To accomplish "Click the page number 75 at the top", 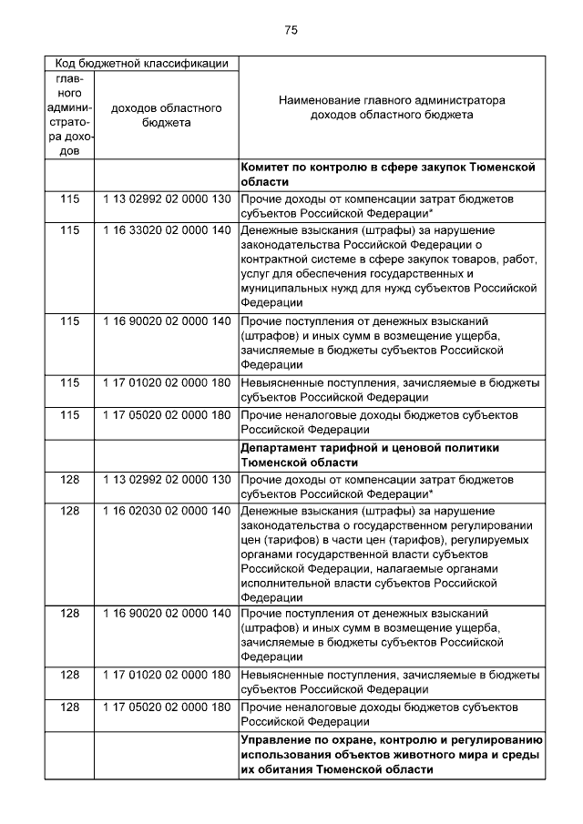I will pyautogui.click(x=291, y=30).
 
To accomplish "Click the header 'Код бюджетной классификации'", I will pyautogui.click(x=142, y=64).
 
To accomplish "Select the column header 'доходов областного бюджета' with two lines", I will pyautogui.click(x=166, y=116).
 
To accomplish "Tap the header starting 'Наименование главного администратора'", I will pyautogui.click(x=392, y=108).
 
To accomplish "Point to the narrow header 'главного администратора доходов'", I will pyautogui.click(x=69, y=116).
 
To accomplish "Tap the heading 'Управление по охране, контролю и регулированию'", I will pyautogui.click(x=392, y=754).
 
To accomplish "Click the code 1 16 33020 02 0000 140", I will pyautogui.click(x=167, y=231).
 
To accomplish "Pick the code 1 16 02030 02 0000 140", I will pyautogui.click(x=167, y=511).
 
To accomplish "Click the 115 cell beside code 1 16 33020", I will pyautogui.click(x=69, y=231).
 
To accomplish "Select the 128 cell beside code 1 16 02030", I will pyautogui.click(x=69, y=511).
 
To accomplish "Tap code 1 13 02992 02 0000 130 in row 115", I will pyautogui.click(x=167, y=198).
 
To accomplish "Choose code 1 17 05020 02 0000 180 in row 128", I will pyautogui.click(x=167, y=707).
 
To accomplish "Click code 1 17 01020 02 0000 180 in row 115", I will pyautogui.click(x=167, y=382).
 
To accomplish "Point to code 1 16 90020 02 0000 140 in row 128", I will pyautogui.click(x=167, y=613).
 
